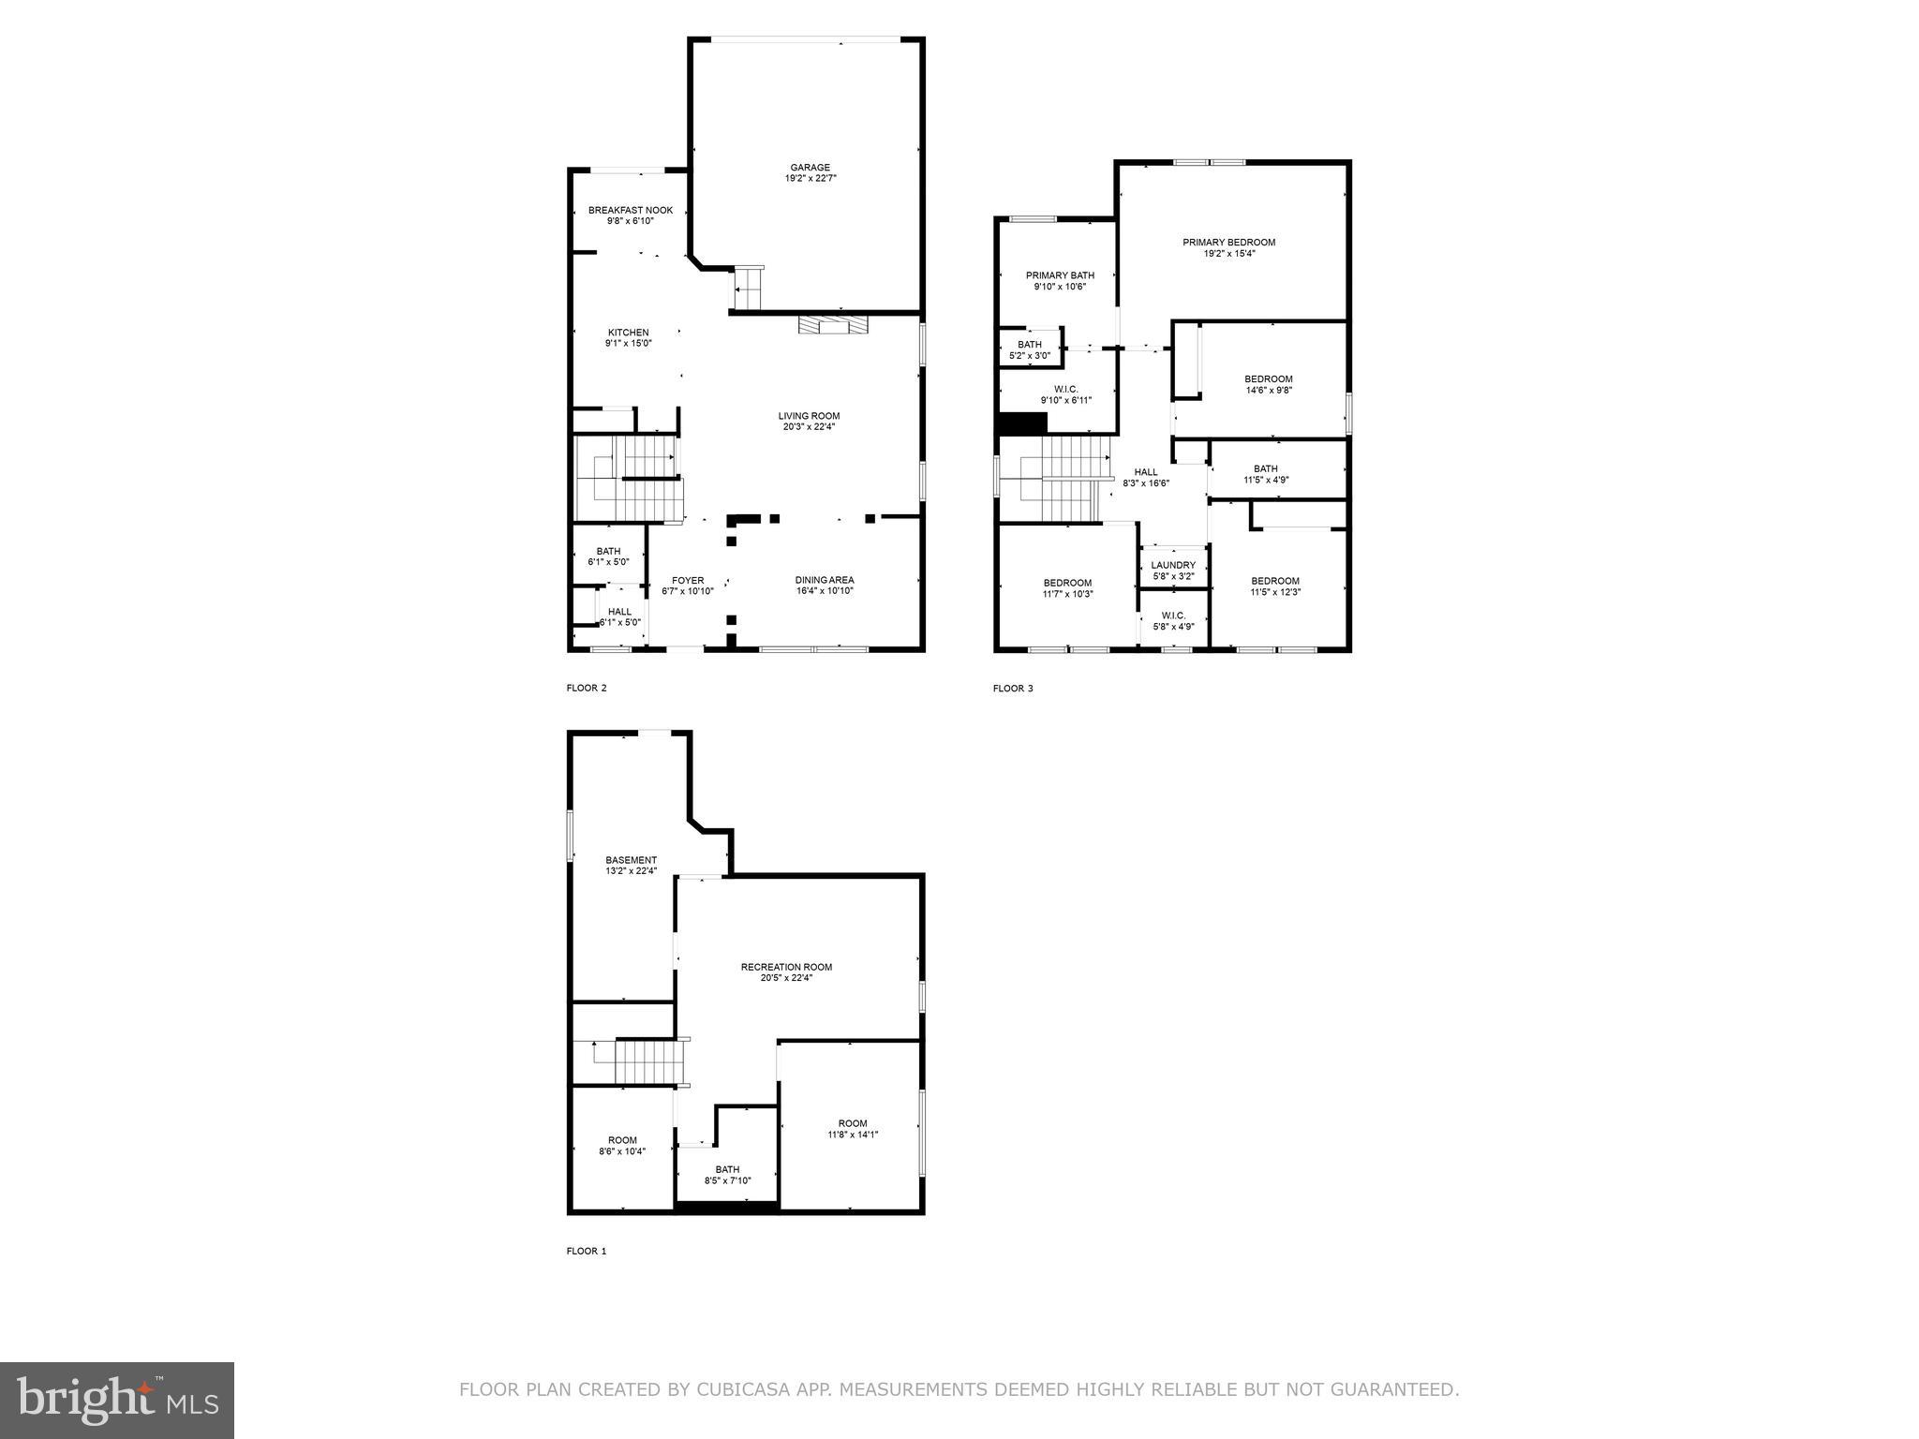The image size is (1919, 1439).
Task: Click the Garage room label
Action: [810, 168]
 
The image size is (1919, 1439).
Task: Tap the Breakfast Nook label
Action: [630, 211]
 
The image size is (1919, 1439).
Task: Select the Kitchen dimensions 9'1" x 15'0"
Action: [628, 344]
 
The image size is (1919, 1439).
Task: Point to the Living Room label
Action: [809, 416]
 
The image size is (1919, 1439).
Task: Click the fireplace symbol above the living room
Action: [832, 325]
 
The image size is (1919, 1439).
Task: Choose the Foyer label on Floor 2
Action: [687, 581]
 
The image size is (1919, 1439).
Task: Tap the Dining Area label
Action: [825, 580]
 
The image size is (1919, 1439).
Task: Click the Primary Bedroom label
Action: [1228, 243]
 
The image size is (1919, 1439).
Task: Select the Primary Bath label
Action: [1060, 275]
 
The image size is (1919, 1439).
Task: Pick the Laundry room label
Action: [1173, 565]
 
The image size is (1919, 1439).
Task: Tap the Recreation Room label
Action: [786, 967]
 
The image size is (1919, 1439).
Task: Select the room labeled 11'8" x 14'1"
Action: [852, 1128]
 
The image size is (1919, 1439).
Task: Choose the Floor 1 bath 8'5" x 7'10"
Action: [727, 1175]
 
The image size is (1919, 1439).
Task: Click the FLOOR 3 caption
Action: [1013, 689]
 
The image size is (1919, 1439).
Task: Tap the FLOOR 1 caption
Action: [587, 1251]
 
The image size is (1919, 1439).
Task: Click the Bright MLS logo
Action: [117, 1401]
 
